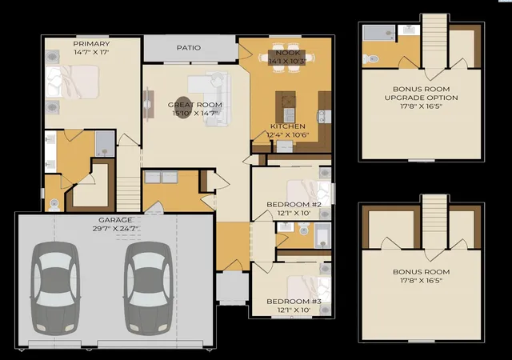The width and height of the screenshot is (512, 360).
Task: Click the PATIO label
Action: click(x=189, y=48)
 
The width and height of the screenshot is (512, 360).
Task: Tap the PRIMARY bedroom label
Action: click(x=91, y=44)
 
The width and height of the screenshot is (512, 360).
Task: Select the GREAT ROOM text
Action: click(x=195, y=105)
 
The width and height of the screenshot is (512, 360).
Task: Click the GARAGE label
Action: click(x=115, y=220)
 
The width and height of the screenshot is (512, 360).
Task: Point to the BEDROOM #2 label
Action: click(x=294, y=205)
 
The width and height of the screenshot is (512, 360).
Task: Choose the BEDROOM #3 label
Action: click(x=294, y=301)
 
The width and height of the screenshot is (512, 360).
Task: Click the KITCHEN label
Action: click(x=288, y=126)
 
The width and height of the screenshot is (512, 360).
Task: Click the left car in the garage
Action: click(x=55, y=288)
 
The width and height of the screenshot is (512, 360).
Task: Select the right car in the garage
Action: click(x=148, y=288)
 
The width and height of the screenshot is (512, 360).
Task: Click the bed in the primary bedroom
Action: click(x=73, y=82)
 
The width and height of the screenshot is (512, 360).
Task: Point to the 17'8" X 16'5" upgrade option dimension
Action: click(x=422, y=106)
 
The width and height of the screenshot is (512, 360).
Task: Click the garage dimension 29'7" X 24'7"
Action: click(x=115, y=229)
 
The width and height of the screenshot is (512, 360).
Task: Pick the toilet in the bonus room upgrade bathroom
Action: click(x=370, y=59)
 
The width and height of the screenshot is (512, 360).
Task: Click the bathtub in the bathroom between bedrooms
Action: click(x=322, y=235)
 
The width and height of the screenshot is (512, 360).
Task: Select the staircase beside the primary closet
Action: click(x=129, y=194)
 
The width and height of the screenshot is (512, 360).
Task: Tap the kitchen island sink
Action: click(x=289, y=114)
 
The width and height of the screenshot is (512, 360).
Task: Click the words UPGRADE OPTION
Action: click(x=422, y=98)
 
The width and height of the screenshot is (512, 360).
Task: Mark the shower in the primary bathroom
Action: click(x=105, y=144)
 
